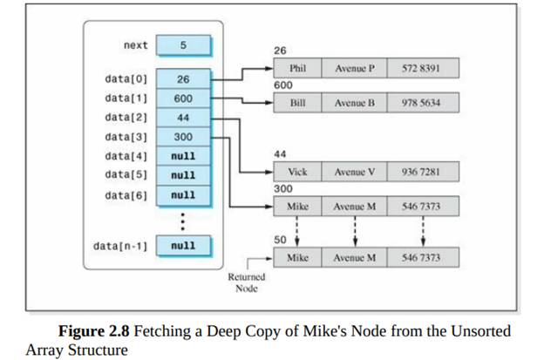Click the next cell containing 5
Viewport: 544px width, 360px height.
(x=183, y=44)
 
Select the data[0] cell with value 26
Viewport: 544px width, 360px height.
(x=183, y=79)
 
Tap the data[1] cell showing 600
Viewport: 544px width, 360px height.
(x=183, y=98)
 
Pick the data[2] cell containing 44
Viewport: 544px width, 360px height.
(x=183, y=118)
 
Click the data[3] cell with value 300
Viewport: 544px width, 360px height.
(x=183, y=137)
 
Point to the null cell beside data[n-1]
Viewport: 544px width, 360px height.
(x=183, y=246)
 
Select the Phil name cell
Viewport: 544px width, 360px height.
(x=296, y=68)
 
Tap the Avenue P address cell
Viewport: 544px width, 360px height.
(x=355, y=68)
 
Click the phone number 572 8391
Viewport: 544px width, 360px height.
(x=422, y=68)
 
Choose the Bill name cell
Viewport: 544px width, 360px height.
(x=296, y=103)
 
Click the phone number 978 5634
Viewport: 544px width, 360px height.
(x=422, y=103)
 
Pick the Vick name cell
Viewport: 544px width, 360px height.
(x=296, y=172)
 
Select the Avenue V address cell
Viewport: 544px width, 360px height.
(x=355, y=172)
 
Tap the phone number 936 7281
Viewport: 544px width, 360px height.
(x=422, y=172)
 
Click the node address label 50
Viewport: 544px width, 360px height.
(x=278, y=240)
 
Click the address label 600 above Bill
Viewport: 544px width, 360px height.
(x=282, y=85)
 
